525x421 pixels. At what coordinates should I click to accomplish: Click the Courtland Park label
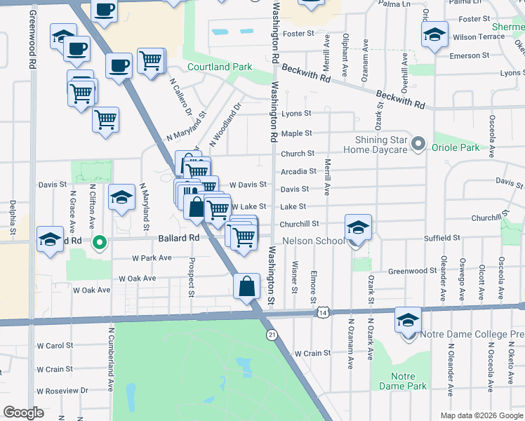[220, 67]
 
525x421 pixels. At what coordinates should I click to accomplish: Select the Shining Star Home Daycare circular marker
[418, 145]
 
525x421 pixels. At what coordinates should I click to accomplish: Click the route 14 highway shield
[322, 311]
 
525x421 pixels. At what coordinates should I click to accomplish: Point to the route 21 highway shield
[272, 336]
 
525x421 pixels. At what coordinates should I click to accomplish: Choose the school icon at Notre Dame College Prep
[407, 320]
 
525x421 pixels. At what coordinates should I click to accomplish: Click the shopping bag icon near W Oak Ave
[246, 286]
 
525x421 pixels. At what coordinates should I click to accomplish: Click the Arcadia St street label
[298, 171]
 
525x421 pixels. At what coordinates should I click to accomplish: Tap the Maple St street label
[296, 133]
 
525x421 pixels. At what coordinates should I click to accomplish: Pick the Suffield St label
[441, 238]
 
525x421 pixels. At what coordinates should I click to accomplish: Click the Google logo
[23, 413]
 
